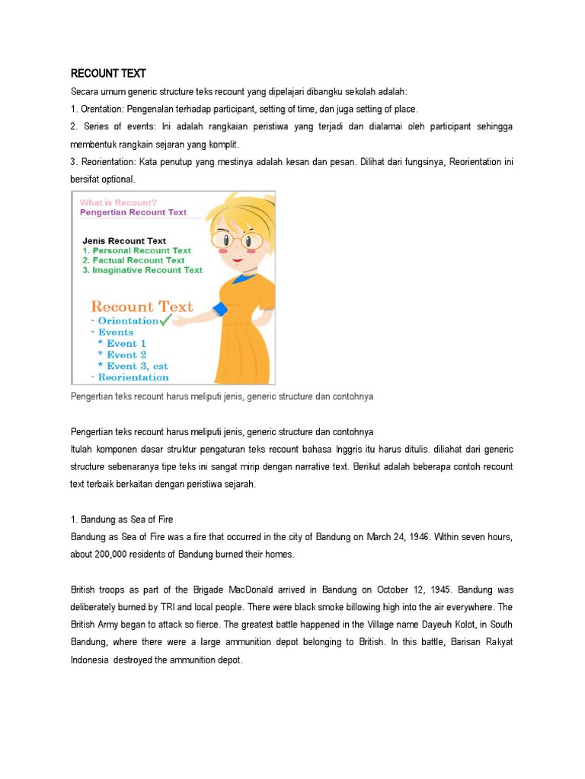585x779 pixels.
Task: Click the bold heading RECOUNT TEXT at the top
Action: click(108, 74)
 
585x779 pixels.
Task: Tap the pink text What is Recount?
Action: click(118, 202)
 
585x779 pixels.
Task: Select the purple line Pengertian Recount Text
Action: click(133, 213)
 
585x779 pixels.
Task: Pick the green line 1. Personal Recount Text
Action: click(136, 250)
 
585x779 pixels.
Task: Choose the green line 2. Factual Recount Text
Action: click(133, 260)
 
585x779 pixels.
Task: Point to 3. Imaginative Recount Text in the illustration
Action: click(142, 270)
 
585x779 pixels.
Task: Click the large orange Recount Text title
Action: click(142, 307)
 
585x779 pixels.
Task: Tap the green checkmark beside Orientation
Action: click(166, 320)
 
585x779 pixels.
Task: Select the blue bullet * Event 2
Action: click(122, 355)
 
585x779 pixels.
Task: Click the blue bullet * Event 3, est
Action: click(133, 366)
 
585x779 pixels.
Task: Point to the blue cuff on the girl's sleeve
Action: click(220, 310)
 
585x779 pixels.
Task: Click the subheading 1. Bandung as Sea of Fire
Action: click(122, 520)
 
